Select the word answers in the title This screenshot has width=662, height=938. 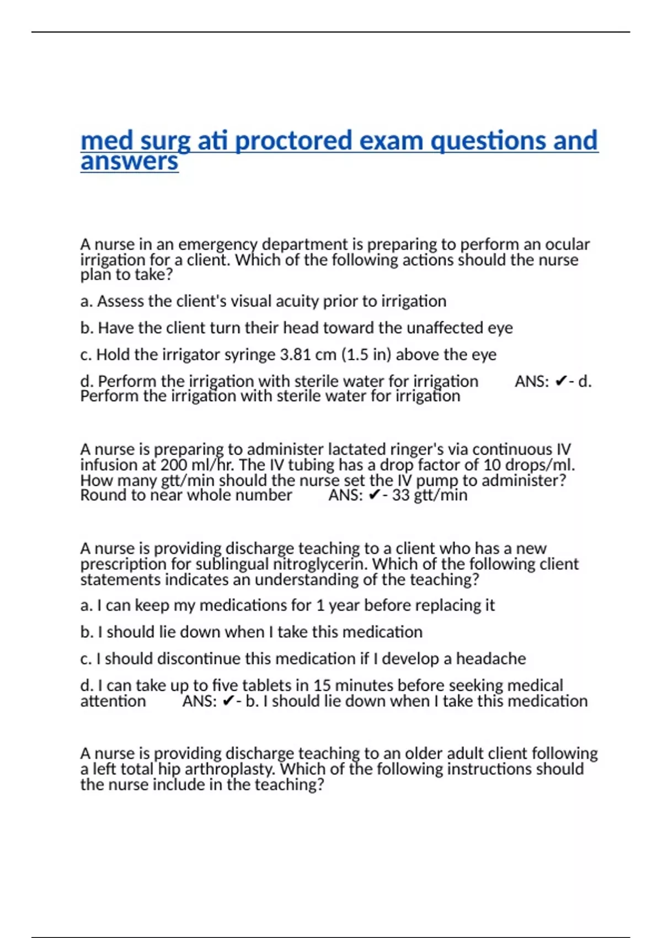[x=129, y=162]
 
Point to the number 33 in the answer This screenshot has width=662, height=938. [x=401, y=495]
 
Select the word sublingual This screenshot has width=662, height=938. [x=232, y=564]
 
